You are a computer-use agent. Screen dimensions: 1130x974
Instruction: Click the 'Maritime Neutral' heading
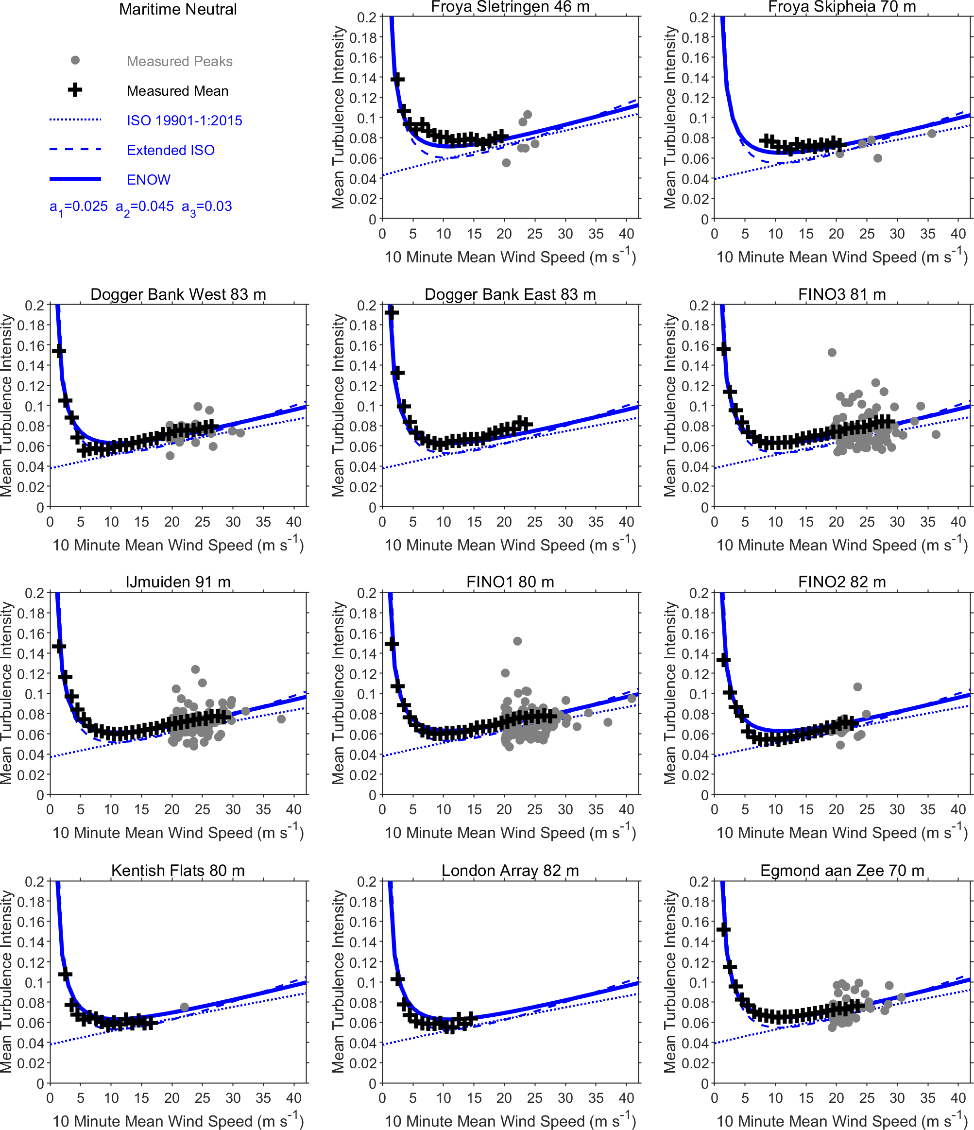click(178, 9)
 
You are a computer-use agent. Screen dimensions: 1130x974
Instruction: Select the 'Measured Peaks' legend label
click(179, 61)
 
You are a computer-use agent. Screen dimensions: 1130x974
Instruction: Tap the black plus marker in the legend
click(75, 90)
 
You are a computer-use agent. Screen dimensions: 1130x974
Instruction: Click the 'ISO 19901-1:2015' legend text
click(184, 120)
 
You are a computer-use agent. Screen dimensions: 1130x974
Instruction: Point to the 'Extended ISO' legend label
click(171, 150)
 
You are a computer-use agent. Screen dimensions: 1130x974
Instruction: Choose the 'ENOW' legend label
click(148, 179)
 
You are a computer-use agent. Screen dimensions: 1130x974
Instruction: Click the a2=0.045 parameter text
click(144, 206)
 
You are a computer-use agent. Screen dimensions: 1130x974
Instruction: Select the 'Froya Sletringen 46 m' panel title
click(510, 7)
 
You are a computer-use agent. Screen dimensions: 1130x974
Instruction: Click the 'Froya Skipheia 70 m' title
click(841, 7)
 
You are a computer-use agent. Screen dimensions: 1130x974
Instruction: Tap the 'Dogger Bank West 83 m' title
click(178, 294)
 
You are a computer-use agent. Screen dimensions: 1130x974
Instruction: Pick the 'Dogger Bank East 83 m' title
click(510, 294)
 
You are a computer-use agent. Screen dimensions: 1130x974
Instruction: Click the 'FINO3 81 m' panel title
click(841, 294)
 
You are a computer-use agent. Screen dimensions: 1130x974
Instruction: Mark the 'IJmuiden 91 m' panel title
click(178, 582)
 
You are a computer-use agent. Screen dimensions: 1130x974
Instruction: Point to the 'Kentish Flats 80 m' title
click(178, 871)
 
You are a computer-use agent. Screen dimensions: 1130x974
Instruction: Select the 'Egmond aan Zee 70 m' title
click(841, 871)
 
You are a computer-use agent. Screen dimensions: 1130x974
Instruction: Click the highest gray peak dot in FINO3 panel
click(832, 352)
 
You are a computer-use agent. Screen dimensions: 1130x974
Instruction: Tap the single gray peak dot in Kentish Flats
click(184, 1007)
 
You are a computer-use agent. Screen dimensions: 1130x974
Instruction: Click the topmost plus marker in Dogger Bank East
click(391, 312)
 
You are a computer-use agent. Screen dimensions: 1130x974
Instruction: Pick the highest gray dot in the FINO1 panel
click(517, 641)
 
